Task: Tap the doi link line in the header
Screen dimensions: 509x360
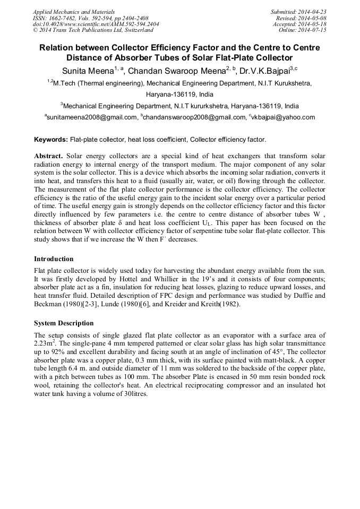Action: tap(96, 24)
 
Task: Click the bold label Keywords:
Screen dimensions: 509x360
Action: tap(51, 140)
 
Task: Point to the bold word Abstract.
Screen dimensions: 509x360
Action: tap(49, 156)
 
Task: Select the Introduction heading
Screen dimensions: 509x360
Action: tap(54, 259)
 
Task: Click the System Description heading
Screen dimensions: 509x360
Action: tap(64, 323)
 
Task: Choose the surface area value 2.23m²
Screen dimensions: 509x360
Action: tap(47, 343)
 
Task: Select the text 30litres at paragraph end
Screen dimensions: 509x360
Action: tap(133, 394)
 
